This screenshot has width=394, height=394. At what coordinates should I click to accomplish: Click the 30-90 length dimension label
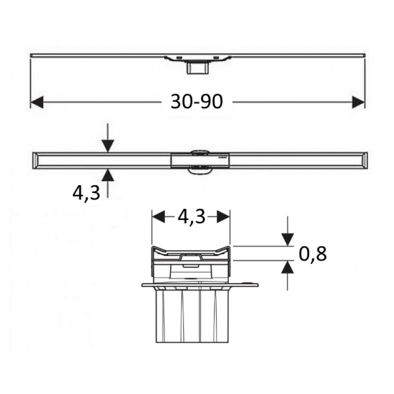pyautogui.click(x=197, y=101)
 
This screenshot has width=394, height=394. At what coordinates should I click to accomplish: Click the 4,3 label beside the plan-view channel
pyautogui.click(x=86, y=192)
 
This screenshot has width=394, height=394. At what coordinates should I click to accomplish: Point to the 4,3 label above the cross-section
pyautogui.click(x=191, y=217)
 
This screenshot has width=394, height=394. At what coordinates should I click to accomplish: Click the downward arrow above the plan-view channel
pyautogui.click(x=107, y=146)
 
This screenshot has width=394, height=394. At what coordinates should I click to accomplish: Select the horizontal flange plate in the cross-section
pyautogui.click(x=199, y=285)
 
